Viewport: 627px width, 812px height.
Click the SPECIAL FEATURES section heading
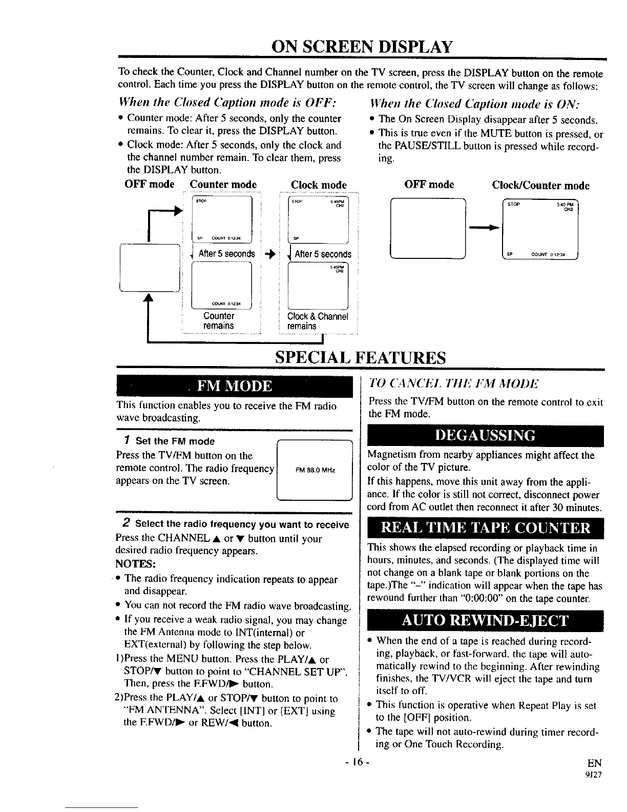click(x=361, y=357)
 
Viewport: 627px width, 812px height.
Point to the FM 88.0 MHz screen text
click(x=315, y=471)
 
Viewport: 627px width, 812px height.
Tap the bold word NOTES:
click(x=135, y=564)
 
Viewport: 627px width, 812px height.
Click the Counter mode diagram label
click(x=223, y=185)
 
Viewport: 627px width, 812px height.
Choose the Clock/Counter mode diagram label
click(x=540, y=185)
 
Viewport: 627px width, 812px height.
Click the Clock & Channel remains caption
click(x=318, y=321)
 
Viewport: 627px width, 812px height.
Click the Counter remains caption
click(x=219, y=321)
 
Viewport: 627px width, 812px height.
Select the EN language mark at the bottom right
click(x=595, y=762)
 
